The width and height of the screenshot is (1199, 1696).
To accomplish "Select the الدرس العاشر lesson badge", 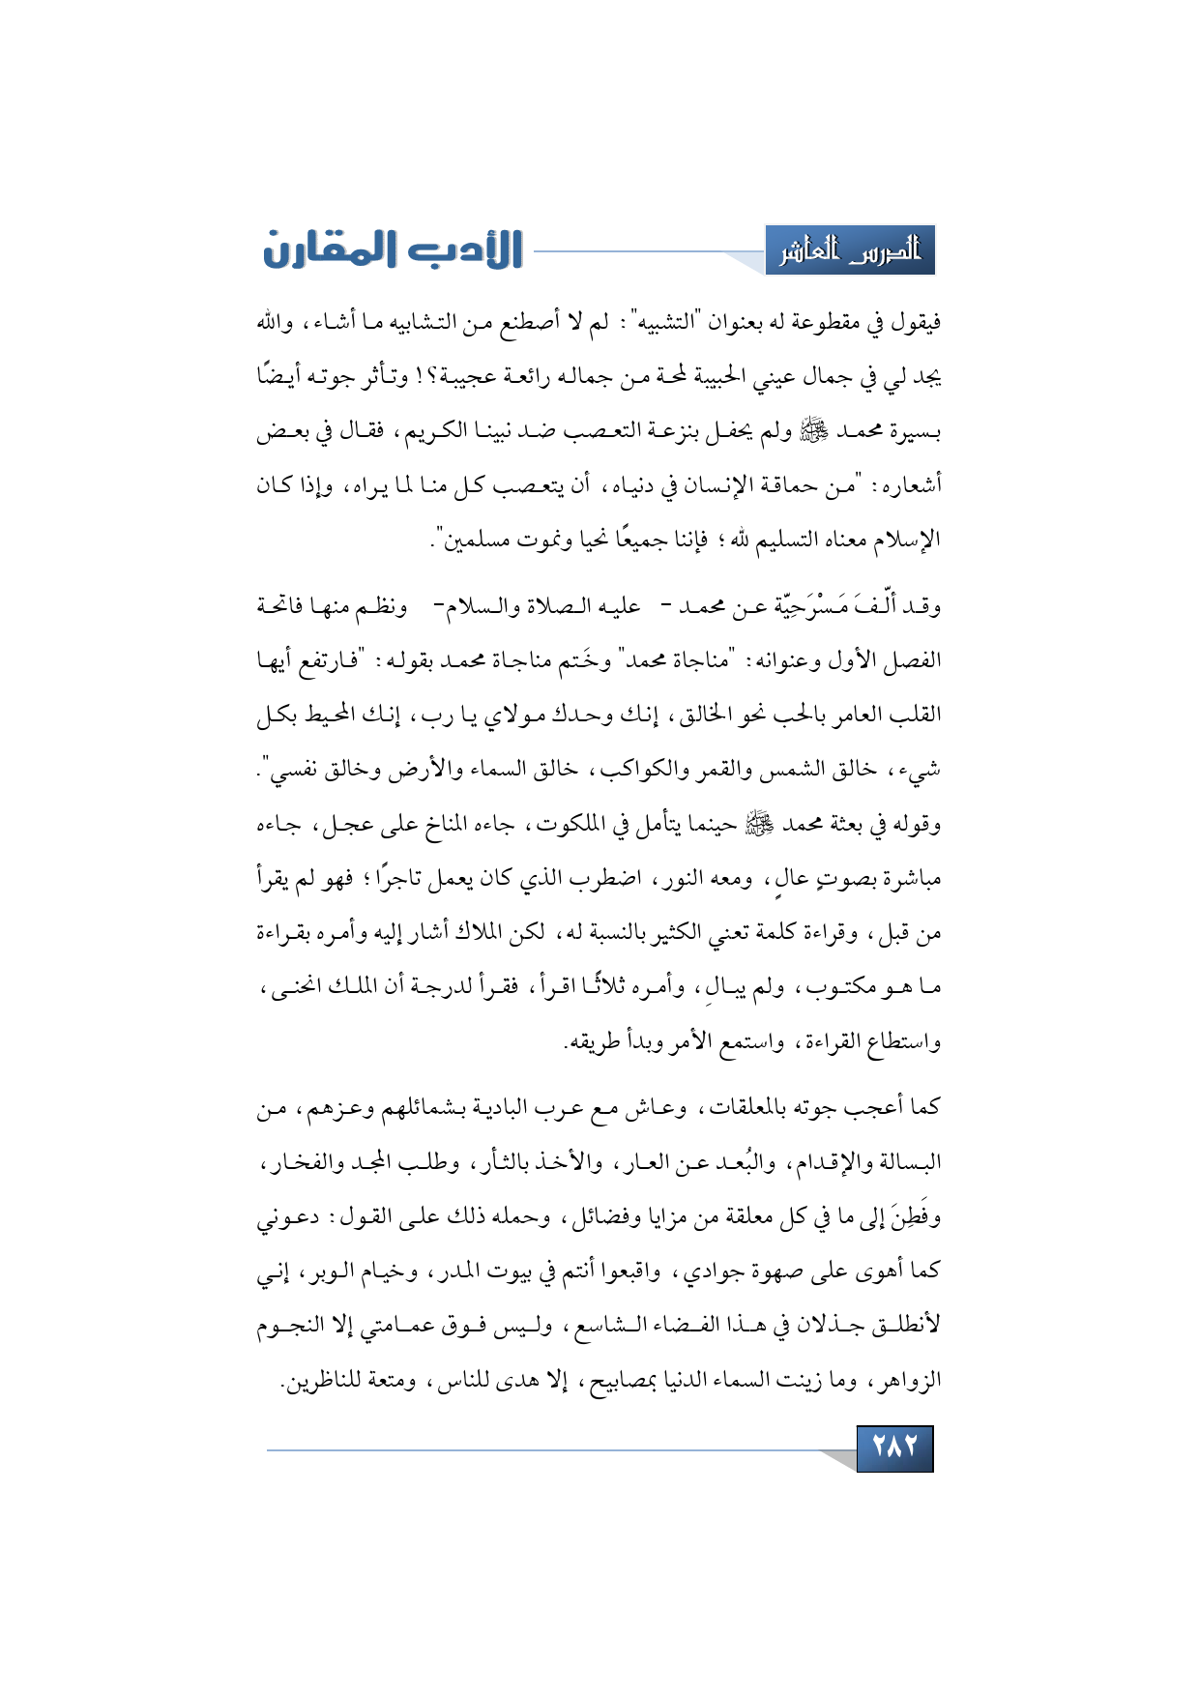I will tap(850, 251).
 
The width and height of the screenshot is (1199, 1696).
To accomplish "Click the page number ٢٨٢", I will tap(894, 1447).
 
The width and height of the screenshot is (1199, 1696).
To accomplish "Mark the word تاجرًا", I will tap(400, 879).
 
